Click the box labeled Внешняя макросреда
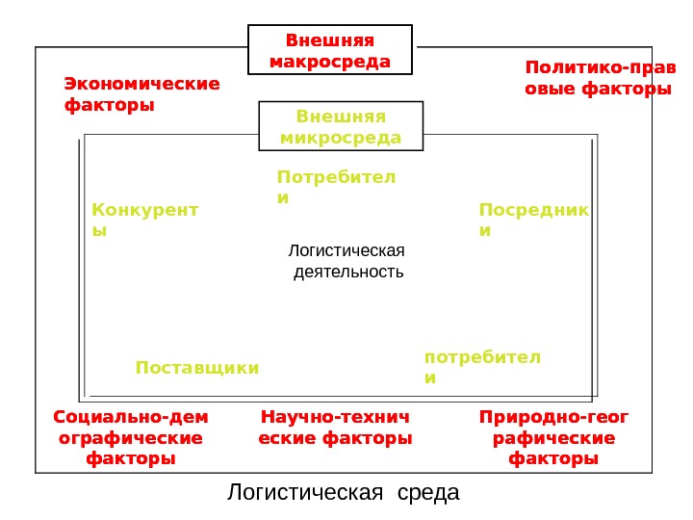pos(330,51)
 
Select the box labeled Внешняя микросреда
pos(341,127)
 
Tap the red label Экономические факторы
pos(141,94)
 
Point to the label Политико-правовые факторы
pos(597,78)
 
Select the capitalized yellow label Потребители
pos(336,187)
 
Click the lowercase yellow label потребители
pos(482,367)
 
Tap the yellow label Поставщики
pos(197,368)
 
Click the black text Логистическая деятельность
pos(347,261)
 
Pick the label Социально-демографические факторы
pos(131,438)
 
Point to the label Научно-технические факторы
pos(336,429)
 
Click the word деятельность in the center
pos(347,272)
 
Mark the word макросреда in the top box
pos(330,62)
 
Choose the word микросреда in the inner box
pos(341,138)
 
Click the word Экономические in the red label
pos(141,84)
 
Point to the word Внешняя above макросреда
pos(330,40)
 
